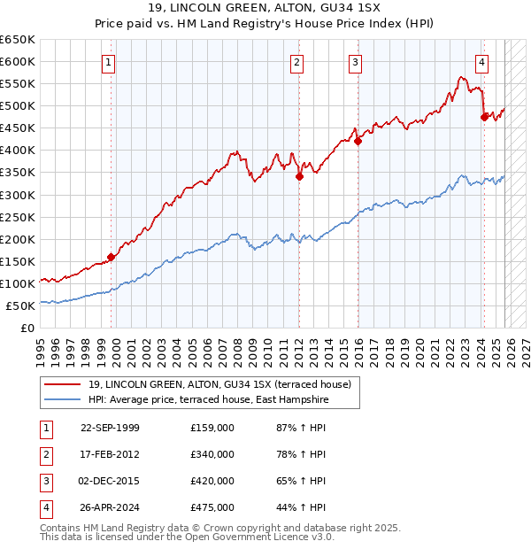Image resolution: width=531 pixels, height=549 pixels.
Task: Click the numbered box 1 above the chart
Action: pyautogui.click(x=107, y=62)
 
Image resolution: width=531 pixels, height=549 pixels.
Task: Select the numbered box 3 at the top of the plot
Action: pyautogui.click(x=354, y=62)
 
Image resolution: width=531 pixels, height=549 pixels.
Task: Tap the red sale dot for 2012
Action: pyautogui.click(x=299, y=176)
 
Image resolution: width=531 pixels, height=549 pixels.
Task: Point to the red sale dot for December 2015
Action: pyautogui.click(x=358, y=141)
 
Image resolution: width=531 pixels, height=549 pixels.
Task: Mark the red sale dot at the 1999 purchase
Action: pyautogui.click(x=112, y=257)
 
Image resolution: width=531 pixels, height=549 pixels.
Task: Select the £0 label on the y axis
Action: pyautogui.click(x=27, y=328)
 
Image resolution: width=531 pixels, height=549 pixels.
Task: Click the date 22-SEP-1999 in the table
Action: pyautogui.click(x=110, y=428)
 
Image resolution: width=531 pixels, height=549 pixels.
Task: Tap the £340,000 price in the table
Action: pyautogui.click(x=212, y=454)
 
